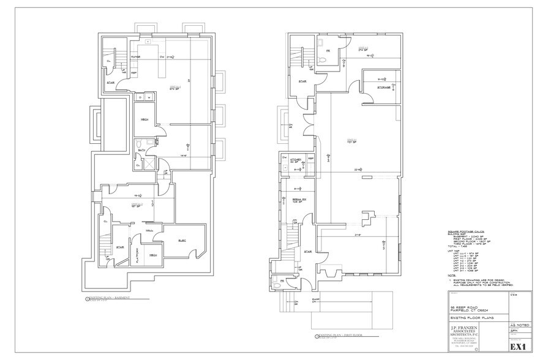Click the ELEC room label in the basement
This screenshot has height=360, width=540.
pos(182,241)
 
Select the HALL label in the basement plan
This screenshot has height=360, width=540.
pos(149,231)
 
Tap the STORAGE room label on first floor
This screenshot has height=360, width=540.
pos(384,88)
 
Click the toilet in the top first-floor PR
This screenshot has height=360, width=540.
pos(322,59)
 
